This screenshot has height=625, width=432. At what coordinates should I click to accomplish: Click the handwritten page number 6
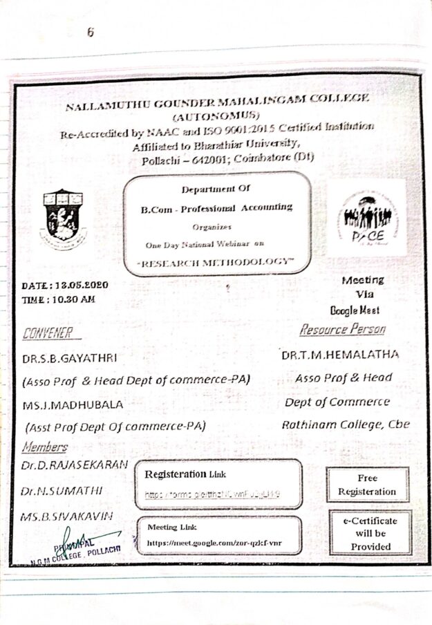(x=91, y=32)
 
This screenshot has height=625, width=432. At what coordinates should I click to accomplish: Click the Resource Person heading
(x=342, y=329)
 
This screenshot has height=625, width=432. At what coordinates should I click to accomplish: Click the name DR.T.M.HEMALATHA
(x=341, y=355)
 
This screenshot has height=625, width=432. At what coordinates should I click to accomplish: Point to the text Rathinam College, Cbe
(x=344, y=425)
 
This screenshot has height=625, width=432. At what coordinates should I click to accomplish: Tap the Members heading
(x=45, y=447)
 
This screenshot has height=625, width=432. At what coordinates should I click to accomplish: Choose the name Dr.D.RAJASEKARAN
(x=74, y=465)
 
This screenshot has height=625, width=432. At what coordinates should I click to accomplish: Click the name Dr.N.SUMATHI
(x=62, y=491)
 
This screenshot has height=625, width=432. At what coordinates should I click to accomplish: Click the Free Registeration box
(x=367, y=485)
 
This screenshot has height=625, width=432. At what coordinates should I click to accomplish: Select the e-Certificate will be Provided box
(x=370, y=533)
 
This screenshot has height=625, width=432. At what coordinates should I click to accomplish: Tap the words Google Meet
(x=355, y=310)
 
